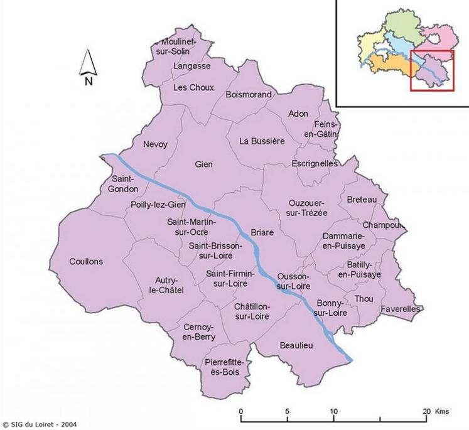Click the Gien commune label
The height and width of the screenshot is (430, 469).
pyautogui.click(x=204, y=164)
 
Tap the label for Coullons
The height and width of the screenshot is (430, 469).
pyautogui.click(x=87, y=262)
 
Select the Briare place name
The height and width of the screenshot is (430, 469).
pyautogui.click(x=262, y=232)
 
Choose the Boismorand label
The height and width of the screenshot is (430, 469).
pyautogui.click(x=249, y=95)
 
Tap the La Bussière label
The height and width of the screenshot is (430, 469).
pyautogui.click(x=262, y=141)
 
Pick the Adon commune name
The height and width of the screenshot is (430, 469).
pyautogui.click(x=298, y=114)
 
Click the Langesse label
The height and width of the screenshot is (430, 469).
pyautogui.click(x=192, y=65)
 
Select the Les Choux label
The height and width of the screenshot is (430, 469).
pyautogui.click(x=195, y=87)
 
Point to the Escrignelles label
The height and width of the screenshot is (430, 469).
pyautogui.click(x=315, y=163)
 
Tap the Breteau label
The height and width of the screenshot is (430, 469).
pyautogui.click(x=362, y=200)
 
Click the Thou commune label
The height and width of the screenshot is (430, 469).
pyautogui.click(x=364, y=299)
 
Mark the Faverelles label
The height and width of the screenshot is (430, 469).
pyautogui.click(x=400, y=309)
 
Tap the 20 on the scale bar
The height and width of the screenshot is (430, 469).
pyautogui.click(x=426, y=411)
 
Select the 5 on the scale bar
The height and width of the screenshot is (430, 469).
pyautogui.click(x=288, y=411)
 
